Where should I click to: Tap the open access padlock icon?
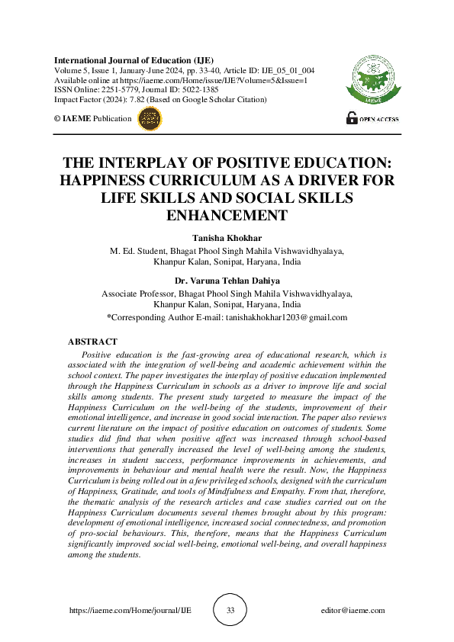[x=352, y=118]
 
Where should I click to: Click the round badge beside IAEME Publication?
[x=149, y=118]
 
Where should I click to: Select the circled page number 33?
[x=230, y=610]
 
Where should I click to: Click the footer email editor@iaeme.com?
[x=353, y=611]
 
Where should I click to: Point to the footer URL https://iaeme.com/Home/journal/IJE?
[x=119, y=611]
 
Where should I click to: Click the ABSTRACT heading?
[x=92, y=342]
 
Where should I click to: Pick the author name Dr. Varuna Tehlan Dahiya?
[x=227, y=281]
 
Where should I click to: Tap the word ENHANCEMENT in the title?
[x=227, y=216]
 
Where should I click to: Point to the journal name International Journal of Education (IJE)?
[x=134, y=60]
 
